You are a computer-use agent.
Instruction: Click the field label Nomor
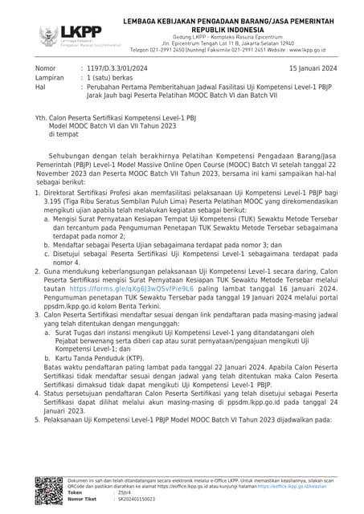pyautogui.click(x=46, y=70)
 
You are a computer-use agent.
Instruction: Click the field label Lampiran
pyautogui.click(x=49, y=80)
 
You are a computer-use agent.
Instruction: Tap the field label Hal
pyautogui.click(x=41, y=89)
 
